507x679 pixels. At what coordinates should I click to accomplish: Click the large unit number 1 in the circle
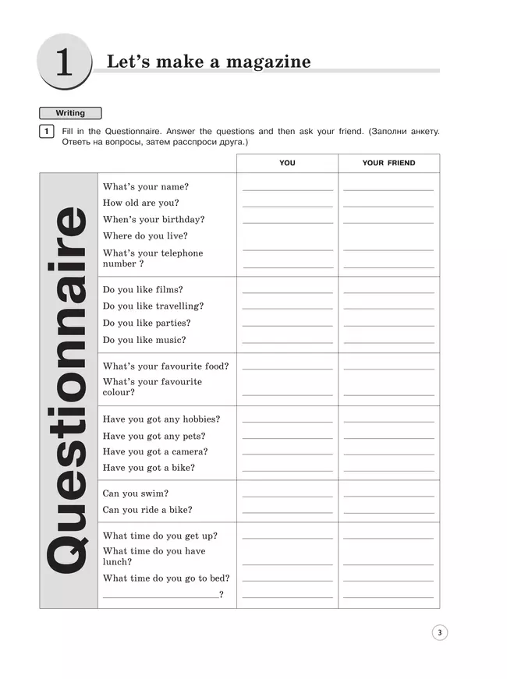click(63, 63)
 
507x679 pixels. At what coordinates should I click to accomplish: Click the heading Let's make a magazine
click(208, 62)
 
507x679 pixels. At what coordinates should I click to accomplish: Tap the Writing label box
click(70, 113)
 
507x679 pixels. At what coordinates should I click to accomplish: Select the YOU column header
click(287, 163)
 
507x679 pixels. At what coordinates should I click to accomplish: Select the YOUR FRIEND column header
click(388, 163)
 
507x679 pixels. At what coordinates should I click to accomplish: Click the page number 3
click(440, 633)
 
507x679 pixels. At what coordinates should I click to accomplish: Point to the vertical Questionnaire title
click(69, 390)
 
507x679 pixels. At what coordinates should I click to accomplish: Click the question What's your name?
click(146, 187)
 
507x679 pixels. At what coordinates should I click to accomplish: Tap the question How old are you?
click(141, 203)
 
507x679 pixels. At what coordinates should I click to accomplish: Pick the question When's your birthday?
click(154, 220)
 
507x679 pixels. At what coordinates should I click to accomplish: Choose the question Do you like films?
click(143, 290)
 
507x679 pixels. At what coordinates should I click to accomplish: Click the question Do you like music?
click(144, 340)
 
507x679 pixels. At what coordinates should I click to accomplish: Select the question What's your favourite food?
click(166, 366)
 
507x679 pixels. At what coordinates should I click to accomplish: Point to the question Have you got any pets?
click(154, 437)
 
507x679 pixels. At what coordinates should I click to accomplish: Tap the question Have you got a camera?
click(155, 452)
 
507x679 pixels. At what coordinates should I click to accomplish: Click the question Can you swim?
click(136, 493)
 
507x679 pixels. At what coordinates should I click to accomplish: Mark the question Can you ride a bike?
click(147, 510)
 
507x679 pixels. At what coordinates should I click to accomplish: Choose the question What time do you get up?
click(160, 536)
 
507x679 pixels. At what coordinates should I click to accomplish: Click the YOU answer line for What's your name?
click(287, 189)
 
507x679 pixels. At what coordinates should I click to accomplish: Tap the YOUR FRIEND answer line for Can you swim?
click(388, 496)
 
